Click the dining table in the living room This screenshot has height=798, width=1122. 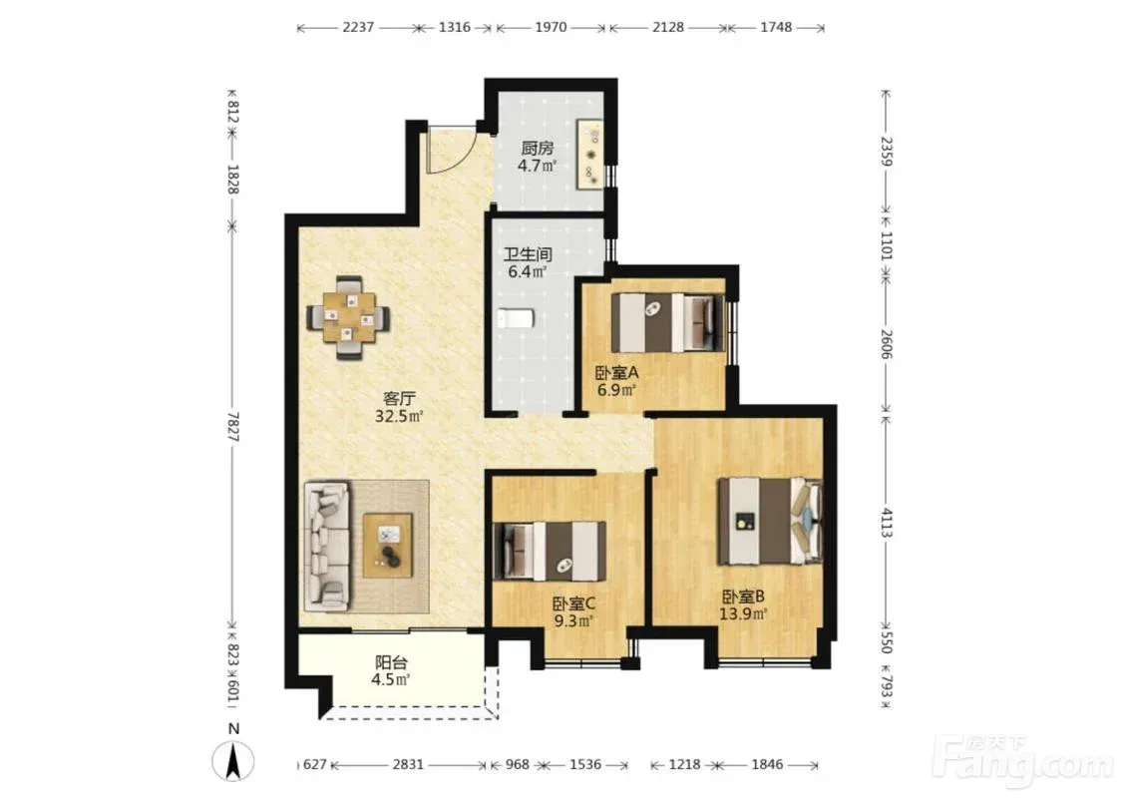349,317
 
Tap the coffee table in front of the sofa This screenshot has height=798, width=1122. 388,546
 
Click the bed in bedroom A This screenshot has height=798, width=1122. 666,322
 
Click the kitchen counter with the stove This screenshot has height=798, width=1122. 591,156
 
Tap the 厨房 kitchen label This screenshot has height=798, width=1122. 537,149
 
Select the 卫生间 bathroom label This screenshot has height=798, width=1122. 528,254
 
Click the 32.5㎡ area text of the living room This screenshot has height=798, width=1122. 399,416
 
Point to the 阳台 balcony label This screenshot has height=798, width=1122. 390,662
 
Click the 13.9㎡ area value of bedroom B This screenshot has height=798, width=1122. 743,613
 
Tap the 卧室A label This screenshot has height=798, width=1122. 616,373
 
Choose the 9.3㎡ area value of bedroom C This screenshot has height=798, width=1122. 573,621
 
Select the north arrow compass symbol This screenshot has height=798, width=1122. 233,760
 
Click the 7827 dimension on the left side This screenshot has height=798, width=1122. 233,427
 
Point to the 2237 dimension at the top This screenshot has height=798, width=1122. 358,28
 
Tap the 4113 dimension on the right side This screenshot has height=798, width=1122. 887,523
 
